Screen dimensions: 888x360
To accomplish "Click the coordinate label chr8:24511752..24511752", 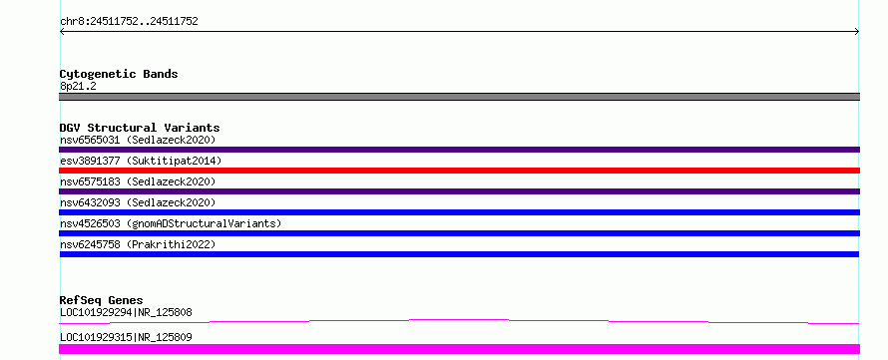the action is [x=129, y=22].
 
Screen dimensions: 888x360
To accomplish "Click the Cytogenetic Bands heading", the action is [x=119, y=74].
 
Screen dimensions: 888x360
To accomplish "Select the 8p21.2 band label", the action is [x=78, y=86].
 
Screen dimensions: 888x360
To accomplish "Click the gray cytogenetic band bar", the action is [x=459, y=97].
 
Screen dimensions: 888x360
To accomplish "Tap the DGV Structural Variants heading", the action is [x=140, y=128].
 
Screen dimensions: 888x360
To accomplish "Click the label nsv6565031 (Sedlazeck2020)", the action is [x=138, y=140].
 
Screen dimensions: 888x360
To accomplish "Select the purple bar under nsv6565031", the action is [x=459, y=150].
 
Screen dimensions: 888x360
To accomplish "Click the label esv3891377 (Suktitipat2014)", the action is [x=141, y=161].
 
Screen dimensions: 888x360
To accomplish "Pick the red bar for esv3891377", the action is [x=459, y=171].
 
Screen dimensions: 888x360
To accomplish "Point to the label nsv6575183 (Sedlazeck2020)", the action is [x=138, y=181].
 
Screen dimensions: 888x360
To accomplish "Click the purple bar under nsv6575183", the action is [x=459, y=191].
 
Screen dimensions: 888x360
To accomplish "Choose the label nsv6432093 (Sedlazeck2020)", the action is [x=138, y=202].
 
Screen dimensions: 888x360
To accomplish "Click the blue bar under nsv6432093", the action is [x=459, y=212].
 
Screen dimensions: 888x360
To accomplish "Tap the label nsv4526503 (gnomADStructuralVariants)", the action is [x=171, y=223].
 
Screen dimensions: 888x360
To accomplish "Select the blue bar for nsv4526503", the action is [x=459, y=233].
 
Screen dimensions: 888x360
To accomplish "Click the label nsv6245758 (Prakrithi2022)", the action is [x=138, y=244].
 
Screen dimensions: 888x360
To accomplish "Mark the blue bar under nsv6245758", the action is [x=459, y=254].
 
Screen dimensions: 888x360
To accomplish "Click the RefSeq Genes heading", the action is [x=102, y=300].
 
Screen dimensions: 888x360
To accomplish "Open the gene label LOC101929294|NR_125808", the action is [x=126, y=312].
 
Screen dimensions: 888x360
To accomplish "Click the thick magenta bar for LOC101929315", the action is [x=459, y=349].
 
